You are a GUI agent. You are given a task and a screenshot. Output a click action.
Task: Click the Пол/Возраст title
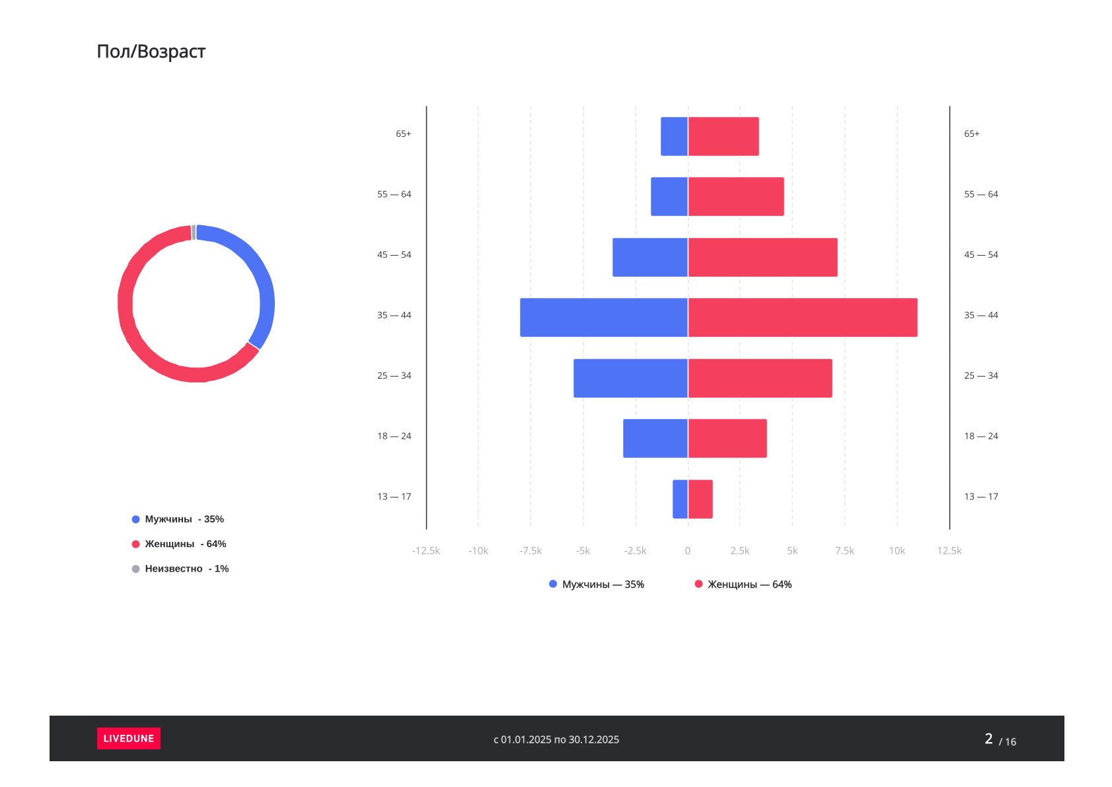click(151, 52)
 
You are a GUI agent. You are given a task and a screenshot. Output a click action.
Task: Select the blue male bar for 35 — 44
click(603, 317)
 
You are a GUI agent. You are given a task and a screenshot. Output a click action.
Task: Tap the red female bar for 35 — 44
click(802, 317)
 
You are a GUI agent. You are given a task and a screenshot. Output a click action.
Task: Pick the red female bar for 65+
click(723, 136)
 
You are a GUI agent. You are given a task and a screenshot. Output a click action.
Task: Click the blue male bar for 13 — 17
click(680, 499)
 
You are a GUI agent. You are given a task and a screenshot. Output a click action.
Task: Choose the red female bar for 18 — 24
click(727, 438)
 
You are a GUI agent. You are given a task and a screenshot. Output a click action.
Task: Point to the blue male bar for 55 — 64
click(669, 196)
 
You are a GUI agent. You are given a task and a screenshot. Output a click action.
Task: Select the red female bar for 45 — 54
click(762, 257)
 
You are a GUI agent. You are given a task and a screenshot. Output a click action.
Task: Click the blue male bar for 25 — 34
click(630, 378)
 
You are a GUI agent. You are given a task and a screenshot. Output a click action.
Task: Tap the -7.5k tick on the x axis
click(530, 550)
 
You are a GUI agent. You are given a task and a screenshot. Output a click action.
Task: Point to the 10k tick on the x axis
click(897, 550)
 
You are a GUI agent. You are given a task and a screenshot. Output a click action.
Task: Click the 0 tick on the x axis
click(688, 550)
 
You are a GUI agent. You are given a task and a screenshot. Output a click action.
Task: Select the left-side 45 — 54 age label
click(394, 254)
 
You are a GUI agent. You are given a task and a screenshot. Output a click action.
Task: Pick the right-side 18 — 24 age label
click(981, 436)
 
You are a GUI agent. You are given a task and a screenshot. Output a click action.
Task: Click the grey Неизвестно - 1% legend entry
click(180, 568)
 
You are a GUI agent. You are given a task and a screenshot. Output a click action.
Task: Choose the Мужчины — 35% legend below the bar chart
click(596, 584)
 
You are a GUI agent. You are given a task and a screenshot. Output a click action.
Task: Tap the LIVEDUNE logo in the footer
click(128, 738)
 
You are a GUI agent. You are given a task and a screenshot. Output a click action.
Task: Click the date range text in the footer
click(556, 739)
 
